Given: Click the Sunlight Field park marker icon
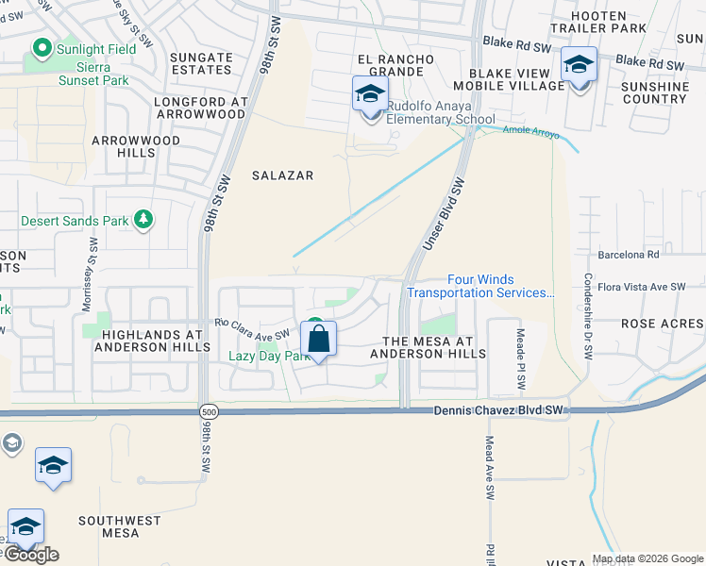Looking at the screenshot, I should pos(41,47).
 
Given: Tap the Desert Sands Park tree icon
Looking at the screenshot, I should pos(143,221).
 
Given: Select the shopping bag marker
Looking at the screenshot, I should pos(319,339).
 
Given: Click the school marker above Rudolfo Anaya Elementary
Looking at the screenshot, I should pos(370,95).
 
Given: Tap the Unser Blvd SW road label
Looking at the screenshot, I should pos(444,216).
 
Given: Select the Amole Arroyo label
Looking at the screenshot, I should pos(531,132).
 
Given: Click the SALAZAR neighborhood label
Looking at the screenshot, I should pos(282,175).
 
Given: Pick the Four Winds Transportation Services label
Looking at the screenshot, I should pos(480,286).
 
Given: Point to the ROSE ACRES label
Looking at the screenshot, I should pos(662,324).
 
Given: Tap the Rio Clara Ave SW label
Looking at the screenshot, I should pos(251,329).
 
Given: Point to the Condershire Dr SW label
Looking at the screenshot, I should pos(586,316).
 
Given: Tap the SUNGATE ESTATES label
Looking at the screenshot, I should pos(200,63).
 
